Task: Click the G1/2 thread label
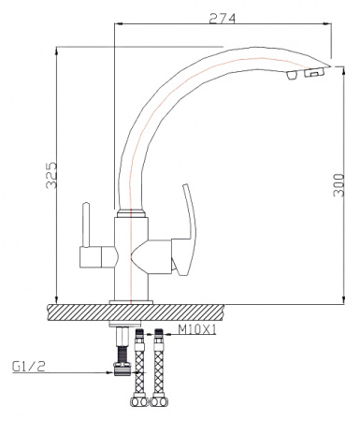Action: point(27,367)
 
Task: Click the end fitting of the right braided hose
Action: point(161,405)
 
